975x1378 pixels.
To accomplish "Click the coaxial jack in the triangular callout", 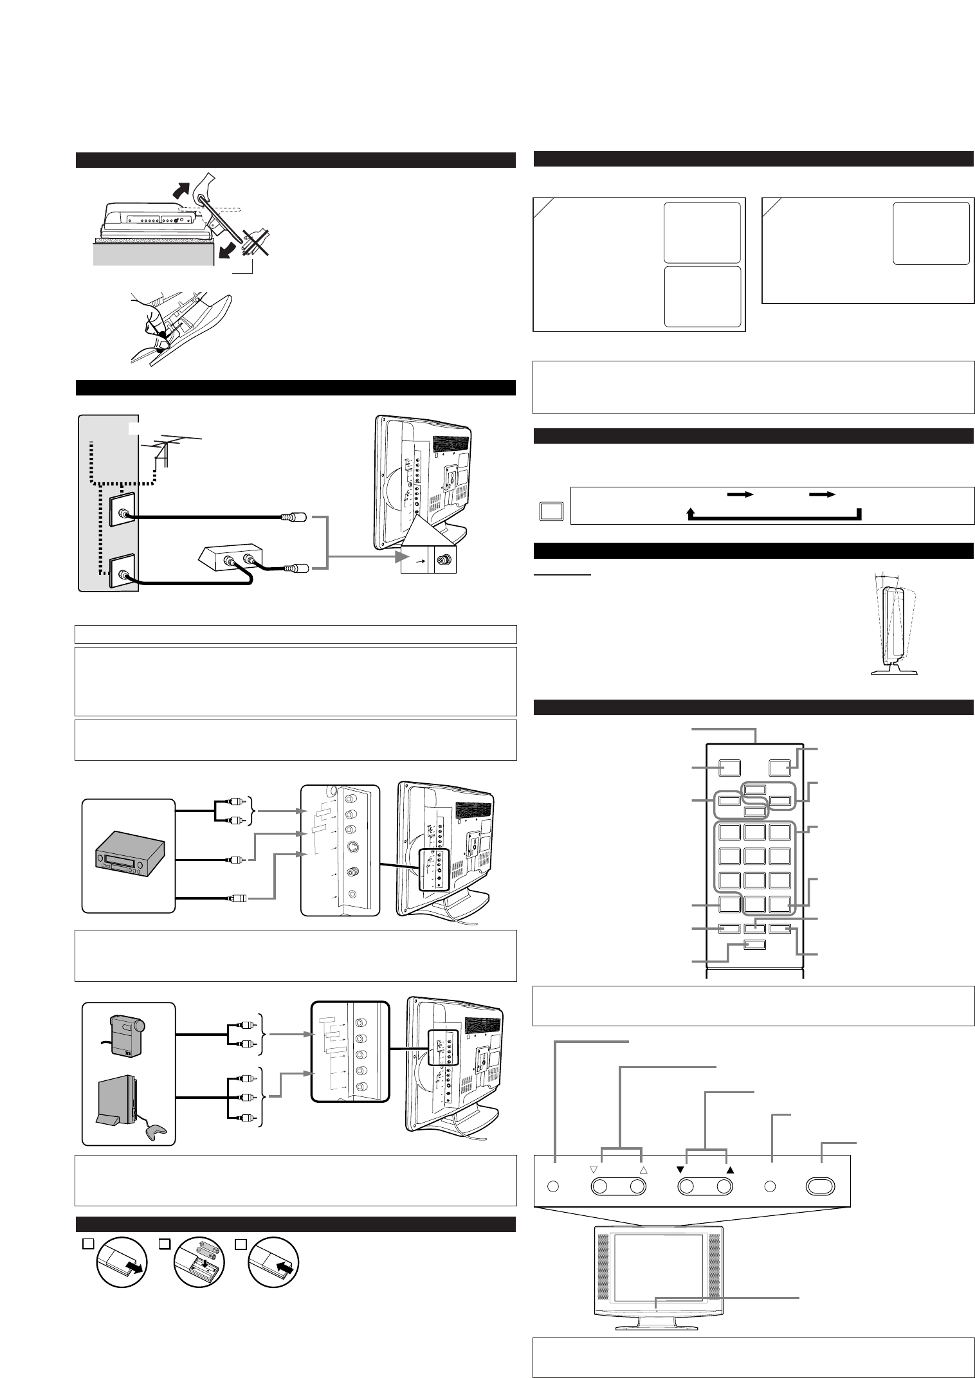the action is point(443,559).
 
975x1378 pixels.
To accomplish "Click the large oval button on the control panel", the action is point(821,1186).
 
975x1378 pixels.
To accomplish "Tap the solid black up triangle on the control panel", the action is point(729,1170).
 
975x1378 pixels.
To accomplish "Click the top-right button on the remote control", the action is point(779,767).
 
